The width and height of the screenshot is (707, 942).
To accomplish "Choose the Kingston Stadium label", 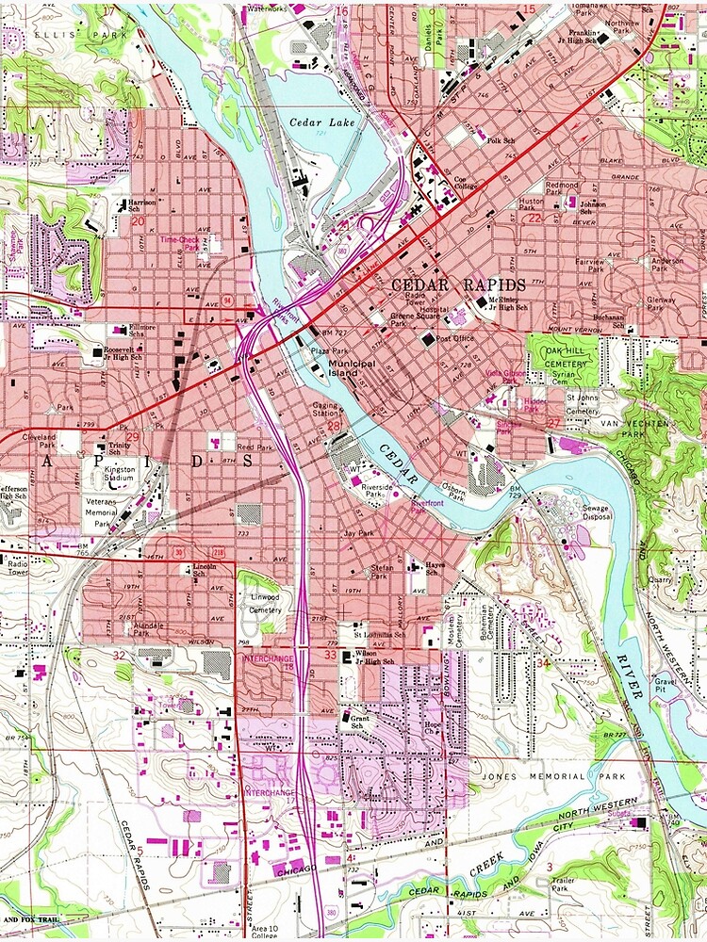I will tap(120, 474).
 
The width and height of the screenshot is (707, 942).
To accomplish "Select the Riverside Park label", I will tap(378, 488).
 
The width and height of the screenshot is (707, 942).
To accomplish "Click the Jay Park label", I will tap(359, 533).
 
